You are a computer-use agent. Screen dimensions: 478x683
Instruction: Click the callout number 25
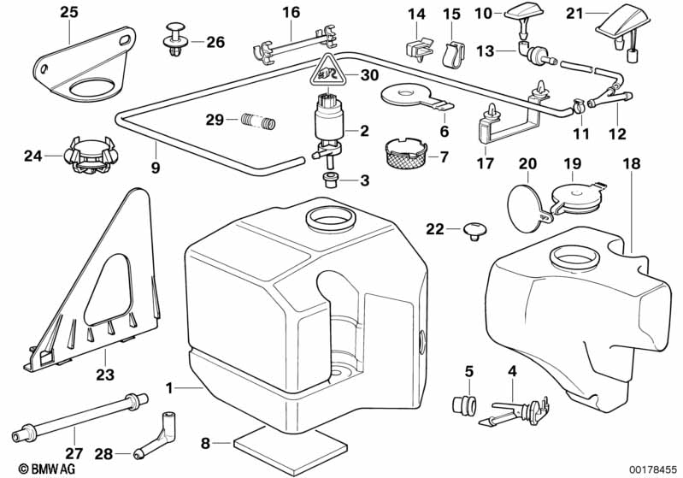[x=68, y=12]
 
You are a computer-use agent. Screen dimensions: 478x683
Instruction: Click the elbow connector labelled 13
[x=532, y=52]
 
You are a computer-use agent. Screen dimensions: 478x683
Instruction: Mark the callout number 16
[x=291, y=12]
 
